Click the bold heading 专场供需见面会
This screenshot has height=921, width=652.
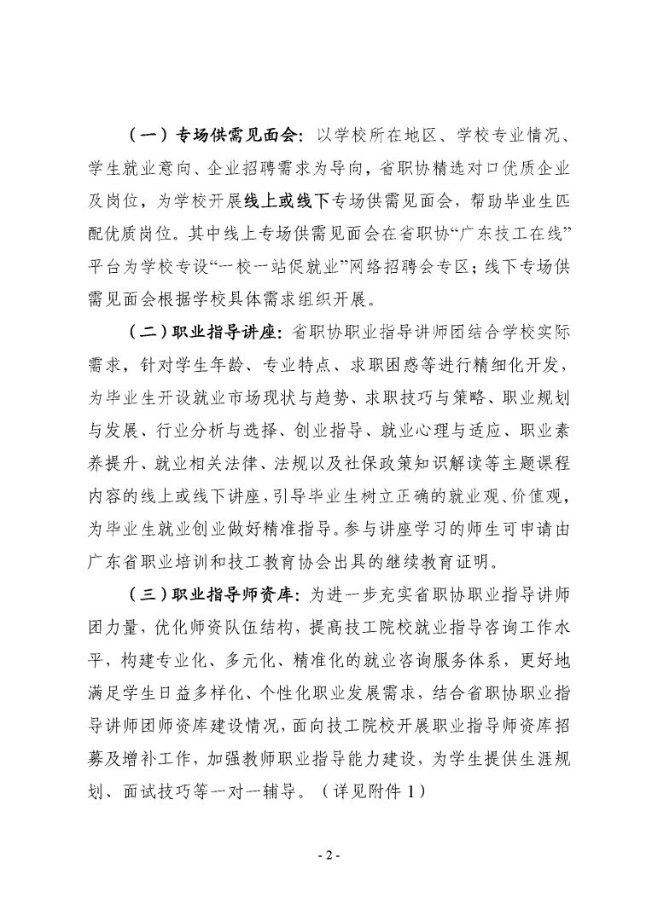[x=235, y=136]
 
